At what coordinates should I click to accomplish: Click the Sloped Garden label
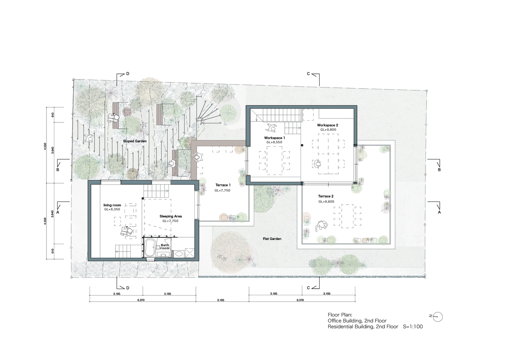(135, 141)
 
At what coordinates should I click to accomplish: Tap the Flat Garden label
(272, 239)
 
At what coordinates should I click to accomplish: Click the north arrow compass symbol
(438, 317)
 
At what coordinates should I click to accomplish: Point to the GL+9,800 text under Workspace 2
(328, 130)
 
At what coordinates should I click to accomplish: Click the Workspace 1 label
(275, 138)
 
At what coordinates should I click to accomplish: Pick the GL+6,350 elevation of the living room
(112, 209)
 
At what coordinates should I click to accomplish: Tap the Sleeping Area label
(171, 216)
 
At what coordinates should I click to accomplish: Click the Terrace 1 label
(223, 185)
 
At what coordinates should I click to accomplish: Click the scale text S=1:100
(413, 327)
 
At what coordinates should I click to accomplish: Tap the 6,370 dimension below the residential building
(141, 300)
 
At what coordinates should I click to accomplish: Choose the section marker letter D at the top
(128, 74)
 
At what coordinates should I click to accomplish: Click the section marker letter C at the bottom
(308, 288)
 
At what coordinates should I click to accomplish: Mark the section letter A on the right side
(439, 212)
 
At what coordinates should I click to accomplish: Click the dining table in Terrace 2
(347, 216)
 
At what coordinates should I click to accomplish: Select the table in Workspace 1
(274, 161)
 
